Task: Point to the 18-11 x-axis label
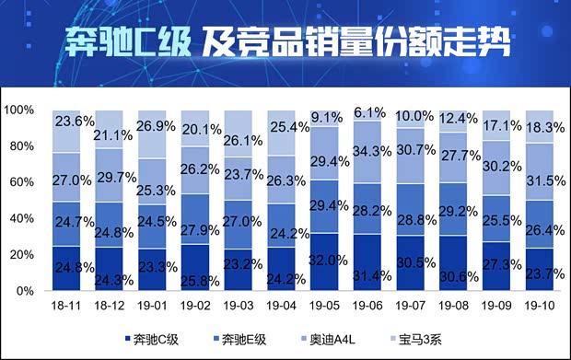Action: (x=65, y=305)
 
